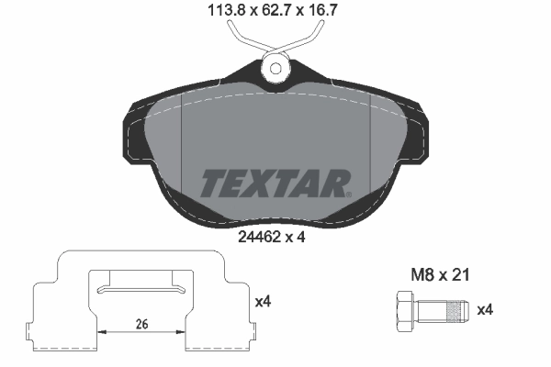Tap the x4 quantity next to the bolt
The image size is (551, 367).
(x=486, y=310)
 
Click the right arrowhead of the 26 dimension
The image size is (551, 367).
(x=183, y=332)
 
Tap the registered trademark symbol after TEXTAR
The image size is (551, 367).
(x=348, y=194)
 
